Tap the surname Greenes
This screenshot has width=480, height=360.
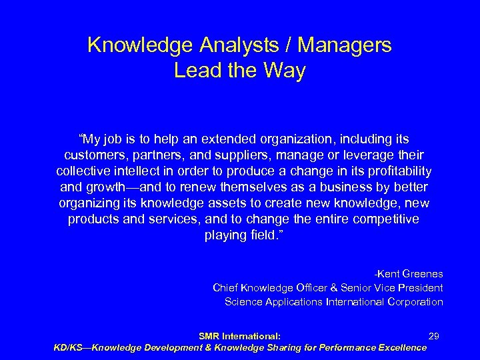pos(420,274)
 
